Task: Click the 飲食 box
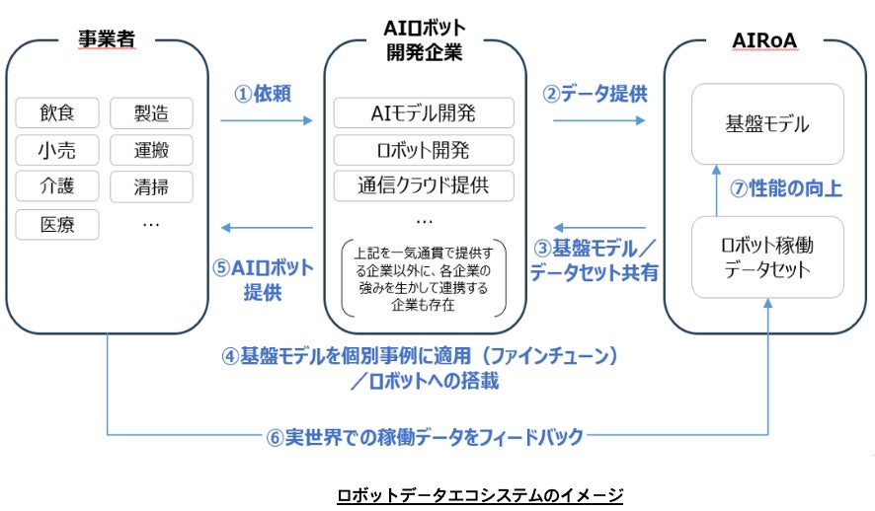click(x=57, y=113)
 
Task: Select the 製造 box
click(x=151, y=113)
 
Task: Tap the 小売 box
click(x=57, y=150)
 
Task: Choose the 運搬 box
click(x=151, y=150)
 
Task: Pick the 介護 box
click(x=57, y=186)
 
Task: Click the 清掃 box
click(x=151, y=186)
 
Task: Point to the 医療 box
click(x=57, y=224)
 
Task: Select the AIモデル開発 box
click(x=425, y=113)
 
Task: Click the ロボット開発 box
click(x=425, y=149)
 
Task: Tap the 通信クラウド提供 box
click(x=425, y=184)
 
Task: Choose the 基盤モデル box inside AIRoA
click(x=767, y=124)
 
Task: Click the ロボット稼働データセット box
click(x=767, y=255)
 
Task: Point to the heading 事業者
click(x=106, y=40)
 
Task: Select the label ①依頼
click(x=262, y=94)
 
